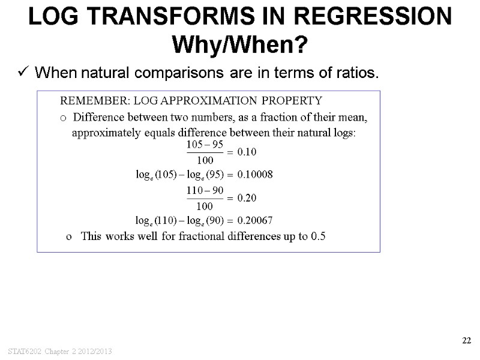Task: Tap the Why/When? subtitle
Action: (x=240, y=44)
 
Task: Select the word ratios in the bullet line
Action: (x=359, y=73)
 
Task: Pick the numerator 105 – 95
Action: (x=206, y=145)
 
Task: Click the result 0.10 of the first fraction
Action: (x=247, y=152)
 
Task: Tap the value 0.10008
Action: (x=255, y=175)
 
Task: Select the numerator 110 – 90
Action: (x=205, y=190)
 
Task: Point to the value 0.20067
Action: (x=255, y=220)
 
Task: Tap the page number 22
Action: (x=466, y=341)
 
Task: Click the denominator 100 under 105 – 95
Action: (x=205, y=160)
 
